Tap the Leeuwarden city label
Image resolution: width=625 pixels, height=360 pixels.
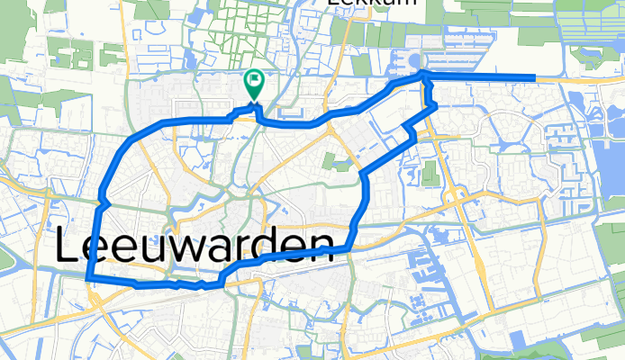[195, 246]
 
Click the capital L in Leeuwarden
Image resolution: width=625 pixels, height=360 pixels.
[71, 246]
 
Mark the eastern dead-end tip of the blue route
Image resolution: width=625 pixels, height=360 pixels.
[533, 77]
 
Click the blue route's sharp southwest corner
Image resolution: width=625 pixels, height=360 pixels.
[87, 280]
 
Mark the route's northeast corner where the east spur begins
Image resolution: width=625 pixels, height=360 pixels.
[423, 76]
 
